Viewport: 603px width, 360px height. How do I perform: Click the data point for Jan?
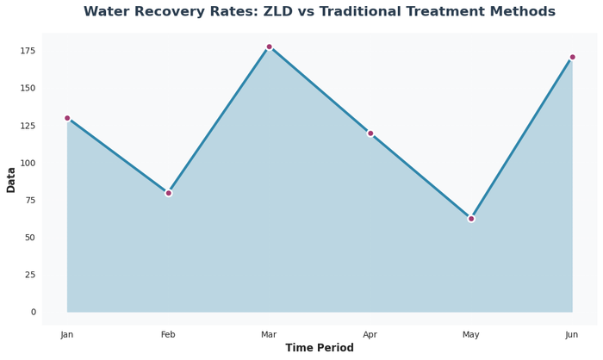pos(67,118)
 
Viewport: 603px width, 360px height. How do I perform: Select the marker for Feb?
pos(168,193)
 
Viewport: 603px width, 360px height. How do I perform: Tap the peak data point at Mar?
pos(269,47)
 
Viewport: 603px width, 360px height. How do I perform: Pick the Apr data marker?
pos(370,133)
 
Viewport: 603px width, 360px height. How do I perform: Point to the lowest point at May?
pos(471,219)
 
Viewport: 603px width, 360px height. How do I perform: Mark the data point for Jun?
pos(572,58)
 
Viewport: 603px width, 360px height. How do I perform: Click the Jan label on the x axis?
pos(67,334)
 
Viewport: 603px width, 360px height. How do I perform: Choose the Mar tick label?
pos(269,334)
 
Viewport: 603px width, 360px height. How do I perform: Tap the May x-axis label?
pos(471,334)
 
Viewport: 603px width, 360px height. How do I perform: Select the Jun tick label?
pos(572,334)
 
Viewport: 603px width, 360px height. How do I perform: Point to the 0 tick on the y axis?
pos(33,312)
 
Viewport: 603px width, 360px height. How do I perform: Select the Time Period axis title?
pos(320,348)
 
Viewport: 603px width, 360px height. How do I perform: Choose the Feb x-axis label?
pos(168,334)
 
